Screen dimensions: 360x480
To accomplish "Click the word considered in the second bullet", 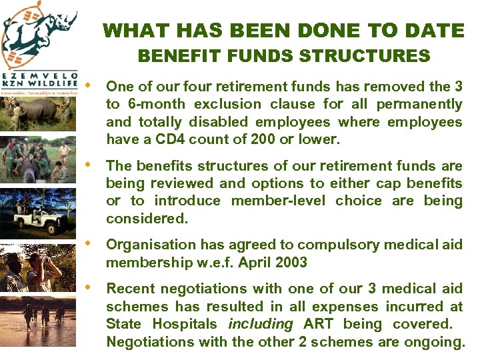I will click(x=147, y=219).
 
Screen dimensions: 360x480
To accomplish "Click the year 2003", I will click(x=290, y=263).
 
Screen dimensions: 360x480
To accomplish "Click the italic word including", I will click(x=260, y=325).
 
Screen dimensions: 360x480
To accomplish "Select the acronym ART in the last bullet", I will click(x=319, y=325).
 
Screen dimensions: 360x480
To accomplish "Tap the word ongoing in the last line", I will click(x=435, y=343).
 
